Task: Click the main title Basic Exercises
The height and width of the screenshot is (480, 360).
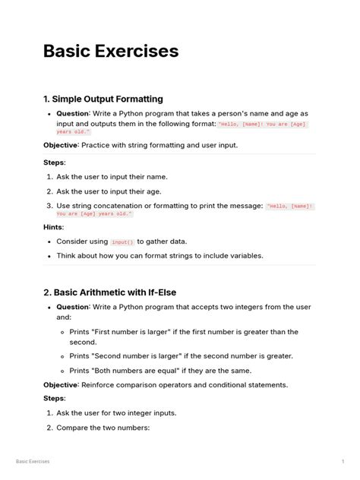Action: pos(111,52)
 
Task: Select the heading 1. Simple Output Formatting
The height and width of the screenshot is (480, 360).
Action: pos(103,99)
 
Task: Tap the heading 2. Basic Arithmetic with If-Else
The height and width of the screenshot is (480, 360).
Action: pos(109,292)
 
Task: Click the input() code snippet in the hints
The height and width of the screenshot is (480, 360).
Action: pos(122,242)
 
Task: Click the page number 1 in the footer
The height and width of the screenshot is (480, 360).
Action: pos(343,461)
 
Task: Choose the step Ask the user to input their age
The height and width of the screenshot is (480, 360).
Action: pos(109,191)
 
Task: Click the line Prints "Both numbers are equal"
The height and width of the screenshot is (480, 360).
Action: pos(159,371)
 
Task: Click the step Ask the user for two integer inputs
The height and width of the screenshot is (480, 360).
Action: pos(116,413)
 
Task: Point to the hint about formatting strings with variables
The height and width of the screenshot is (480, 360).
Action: pos(159,256)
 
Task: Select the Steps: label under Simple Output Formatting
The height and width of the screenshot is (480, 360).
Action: pos(54,162)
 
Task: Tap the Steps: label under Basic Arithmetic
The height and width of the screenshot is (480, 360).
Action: pos(54,399)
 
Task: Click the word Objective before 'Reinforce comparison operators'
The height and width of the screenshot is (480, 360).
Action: pos(61,385)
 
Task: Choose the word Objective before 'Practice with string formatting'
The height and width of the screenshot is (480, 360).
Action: pos(61,145)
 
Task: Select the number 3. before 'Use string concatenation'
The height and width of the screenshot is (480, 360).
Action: pos(49,206)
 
